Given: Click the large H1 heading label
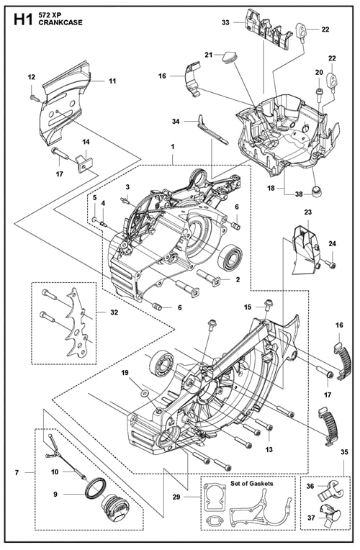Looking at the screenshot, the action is click(23, 19).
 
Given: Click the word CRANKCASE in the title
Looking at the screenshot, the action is click(58, 23).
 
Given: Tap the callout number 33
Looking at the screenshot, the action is click(225, 22).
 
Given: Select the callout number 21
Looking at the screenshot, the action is click(209, 55).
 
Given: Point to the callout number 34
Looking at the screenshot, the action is click(176, 122).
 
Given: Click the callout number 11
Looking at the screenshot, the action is click(112, 81).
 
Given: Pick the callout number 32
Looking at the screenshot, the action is click(114, 312).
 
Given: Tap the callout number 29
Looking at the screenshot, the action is click(177, 497).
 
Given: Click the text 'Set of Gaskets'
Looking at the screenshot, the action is click(251, 483).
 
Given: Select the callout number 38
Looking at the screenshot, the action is click(299, 194).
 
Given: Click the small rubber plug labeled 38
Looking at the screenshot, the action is click(318, 189).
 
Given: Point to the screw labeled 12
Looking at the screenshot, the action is click(33, 97).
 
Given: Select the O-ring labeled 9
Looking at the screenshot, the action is click(96, 487).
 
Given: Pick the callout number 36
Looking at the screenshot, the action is click(310, 486).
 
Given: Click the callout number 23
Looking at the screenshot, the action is click(307, 212).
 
